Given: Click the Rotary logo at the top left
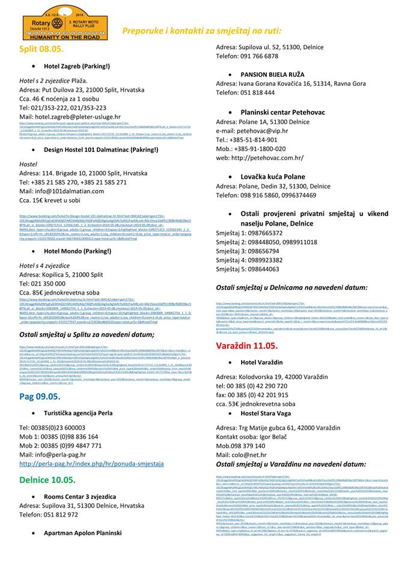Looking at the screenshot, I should coord(55,20).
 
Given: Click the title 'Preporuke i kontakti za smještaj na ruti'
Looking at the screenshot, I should coord(201,30).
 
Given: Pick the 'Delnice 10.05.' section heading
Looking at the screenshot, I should coord(47,481).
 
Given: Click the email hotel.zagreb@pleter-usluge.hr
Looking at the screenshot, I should coord(70,116).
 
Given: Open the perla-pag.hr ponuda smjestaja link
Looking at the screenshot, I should coord(91,464).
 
